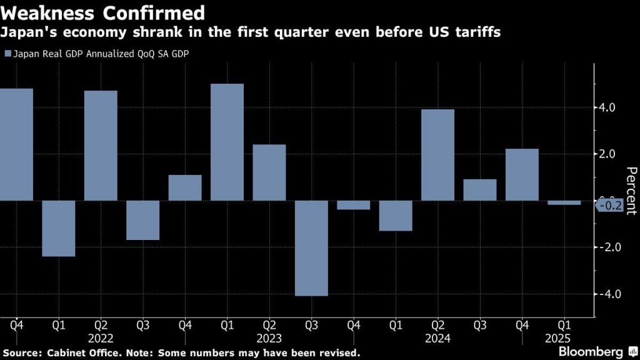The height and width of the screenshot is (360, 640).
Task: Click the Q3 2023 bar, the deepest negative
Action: point(311,248)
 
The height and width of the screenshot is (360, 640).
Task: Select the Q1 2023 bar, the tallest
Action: point(227,142)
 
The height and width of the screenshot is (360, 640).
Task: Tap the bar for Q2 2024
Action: point(437,155)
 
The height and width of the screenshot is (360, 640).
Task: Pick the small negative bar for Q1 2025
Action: point(564,202)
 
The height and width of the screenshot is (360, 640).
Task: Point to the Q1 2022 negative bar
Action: point(58,228)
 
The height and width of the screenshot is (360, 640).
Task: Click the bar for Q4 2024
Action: point(522,174)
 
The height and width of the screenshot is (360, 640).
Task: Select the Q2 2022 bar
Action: point(101,146)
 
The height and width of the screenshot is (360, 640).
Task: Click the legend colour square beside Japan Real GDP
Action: point(7,54)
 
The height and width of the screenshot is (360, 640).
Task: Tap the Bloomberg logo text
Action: point(591,351)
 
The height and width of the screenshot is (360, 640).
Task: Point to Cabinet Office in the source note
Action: point(72,352)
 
